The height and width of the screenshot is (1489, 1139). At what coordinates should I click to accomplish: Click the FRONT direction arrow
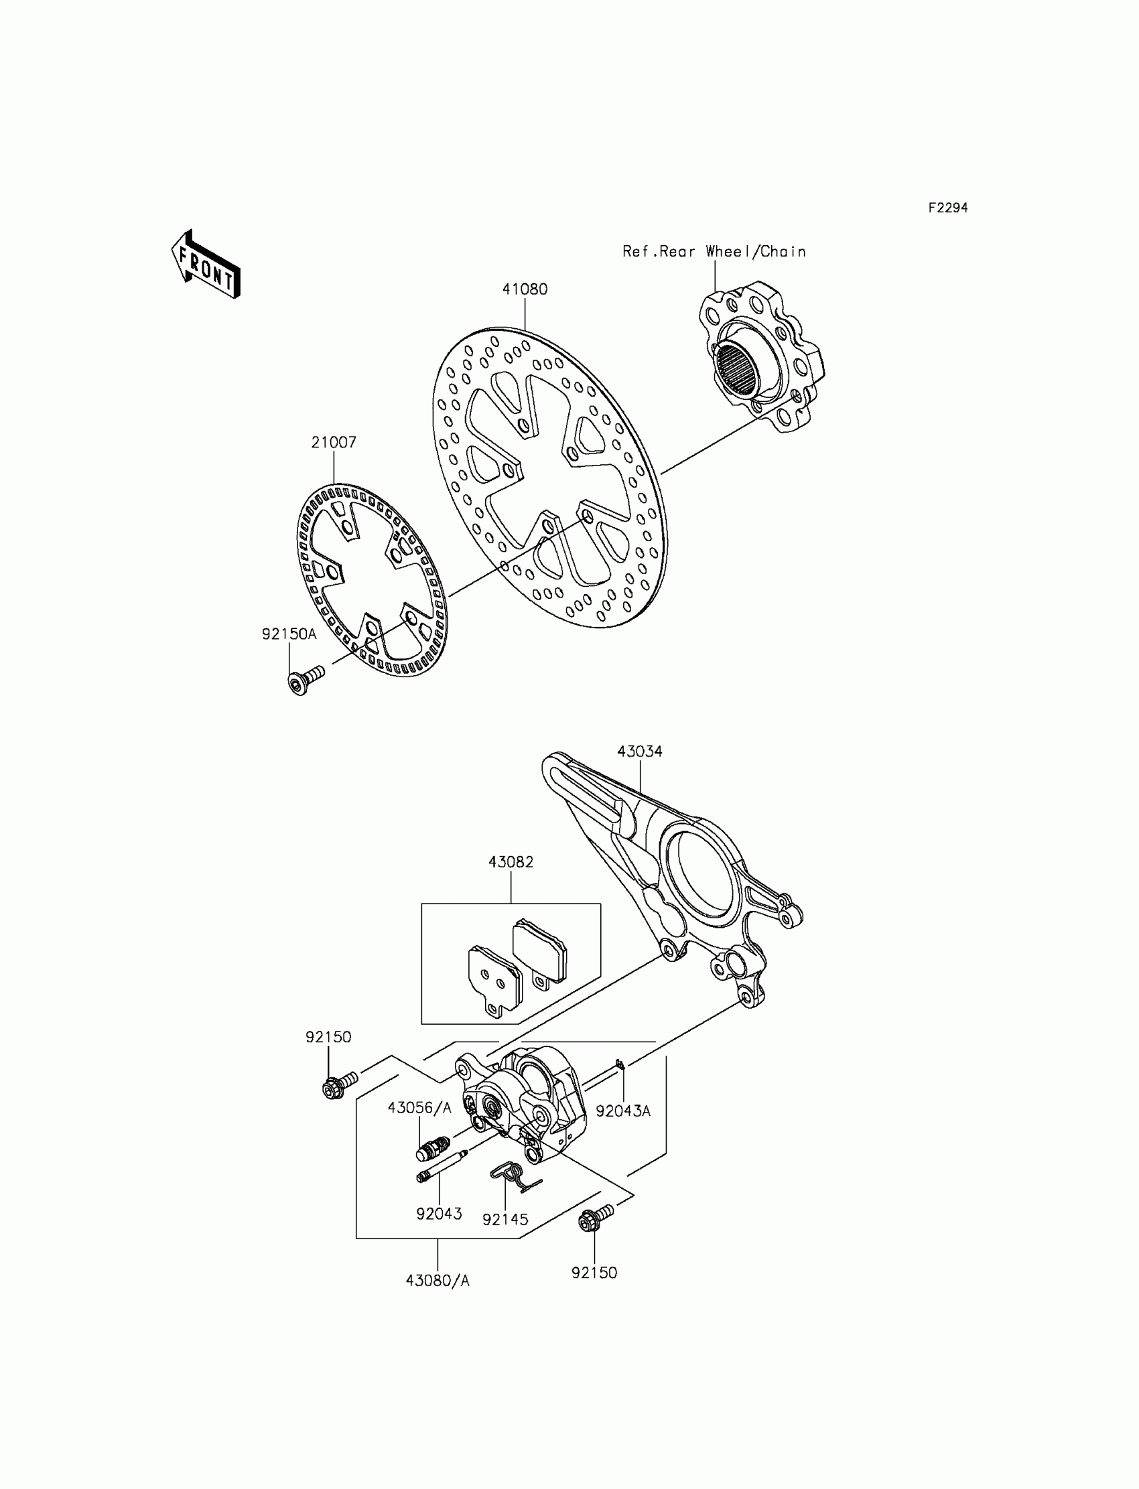tap(206, 265)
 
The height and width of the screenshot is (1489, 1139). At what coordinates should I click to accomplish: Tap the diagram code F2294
tap(947, 208)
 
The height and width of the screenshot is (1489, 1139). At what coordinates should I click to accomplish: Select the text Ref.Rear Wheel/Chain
tap(714, 251)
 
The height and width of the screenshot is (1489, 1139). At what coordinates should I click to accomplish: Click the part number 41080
tap(524, 289)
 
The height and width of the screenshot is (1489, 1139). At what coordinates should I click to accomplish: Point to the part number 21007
tap(334, 443)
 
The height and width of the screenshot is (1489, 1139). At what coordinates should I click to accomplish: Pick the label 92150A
tap(289, 634)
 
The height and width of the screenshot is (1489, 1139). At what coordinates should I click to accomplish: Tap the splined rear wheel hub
tap(759, 359)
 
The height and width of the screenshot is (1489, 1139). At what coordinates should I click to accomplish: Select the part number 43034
tap(639, 752)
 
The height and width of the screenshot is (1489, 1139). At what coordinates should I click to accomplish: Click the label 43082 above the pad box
tap(511, 862)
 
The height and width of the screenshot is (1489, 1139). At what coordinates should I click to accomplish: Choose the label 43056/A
tap(419, 1107)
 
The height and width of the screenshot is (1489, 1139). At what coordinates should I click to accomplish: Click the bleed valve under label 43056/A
tap(430, 1147)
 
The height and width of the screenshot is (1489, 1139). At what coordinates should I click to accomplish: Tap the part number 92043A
tap(623, 1111)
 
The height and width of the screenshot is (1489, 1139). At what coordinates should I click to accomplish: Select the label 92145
tap(505, 1219)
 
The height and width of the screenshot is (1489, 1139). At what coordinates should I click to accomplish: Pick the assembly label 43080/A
tap(438, 1281)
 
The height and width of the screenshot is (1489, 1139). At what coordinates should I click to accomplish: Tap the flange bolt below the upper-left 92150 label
tap(338, 1086)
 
